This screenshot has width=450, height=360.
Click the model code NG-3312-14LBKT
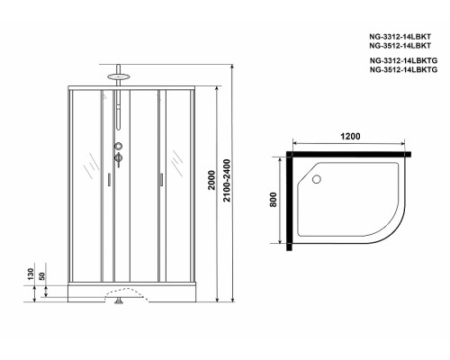pyautogui.click(x=400, y=37)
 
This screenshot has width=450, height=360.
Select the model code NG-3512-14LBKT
pyautogui.click(x=400, y=46)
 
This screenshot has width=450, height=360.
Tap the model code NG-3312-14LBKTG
pyautogui.click(x=403, y=60)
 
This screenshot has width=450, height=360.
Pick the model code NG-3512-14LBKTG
pyautogui.click(x=403, y=69)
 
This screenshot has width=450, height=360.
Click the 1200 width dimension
pyautogui.click(x=350, y=136)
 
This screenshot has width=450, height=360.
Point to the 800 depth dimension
pyautogui.click(x=273, y=200)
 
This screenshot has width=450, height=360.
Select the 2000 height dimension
pyautogui.click(x=211, y=180)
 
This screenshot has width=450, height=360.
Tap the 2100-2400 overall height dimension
pyautogui.click(x=227, y=180)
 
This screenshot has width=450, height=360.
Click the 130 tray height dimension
pyautogui.click(x=31, y=274)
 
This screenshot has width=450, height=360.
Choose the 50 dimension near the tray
pyautogui.click(x=41, y=276)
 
